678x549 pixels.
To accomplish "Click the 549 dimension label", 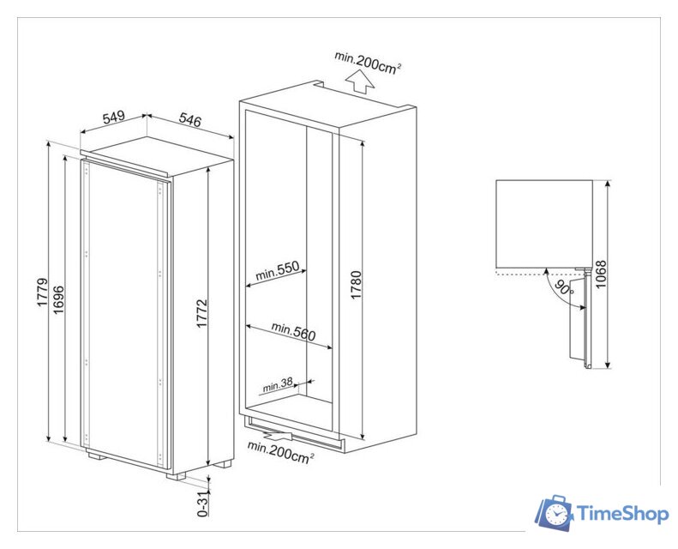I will [x=113, y=119].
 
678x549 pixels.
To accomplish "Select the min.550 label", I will [x=276, y=271].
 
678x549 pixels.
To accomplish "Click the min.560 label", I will [x=290, y=328].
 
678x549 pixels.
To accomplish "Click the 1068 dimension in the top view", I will [x=601, y=274].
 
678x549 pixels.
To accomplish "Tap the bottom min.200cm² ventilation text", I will [x=279, y=452].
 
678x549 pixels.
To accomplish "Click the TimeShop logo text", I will [x=623, y=514].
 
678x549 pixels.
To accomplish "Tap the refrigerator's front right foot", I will [x=222, y=463].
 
